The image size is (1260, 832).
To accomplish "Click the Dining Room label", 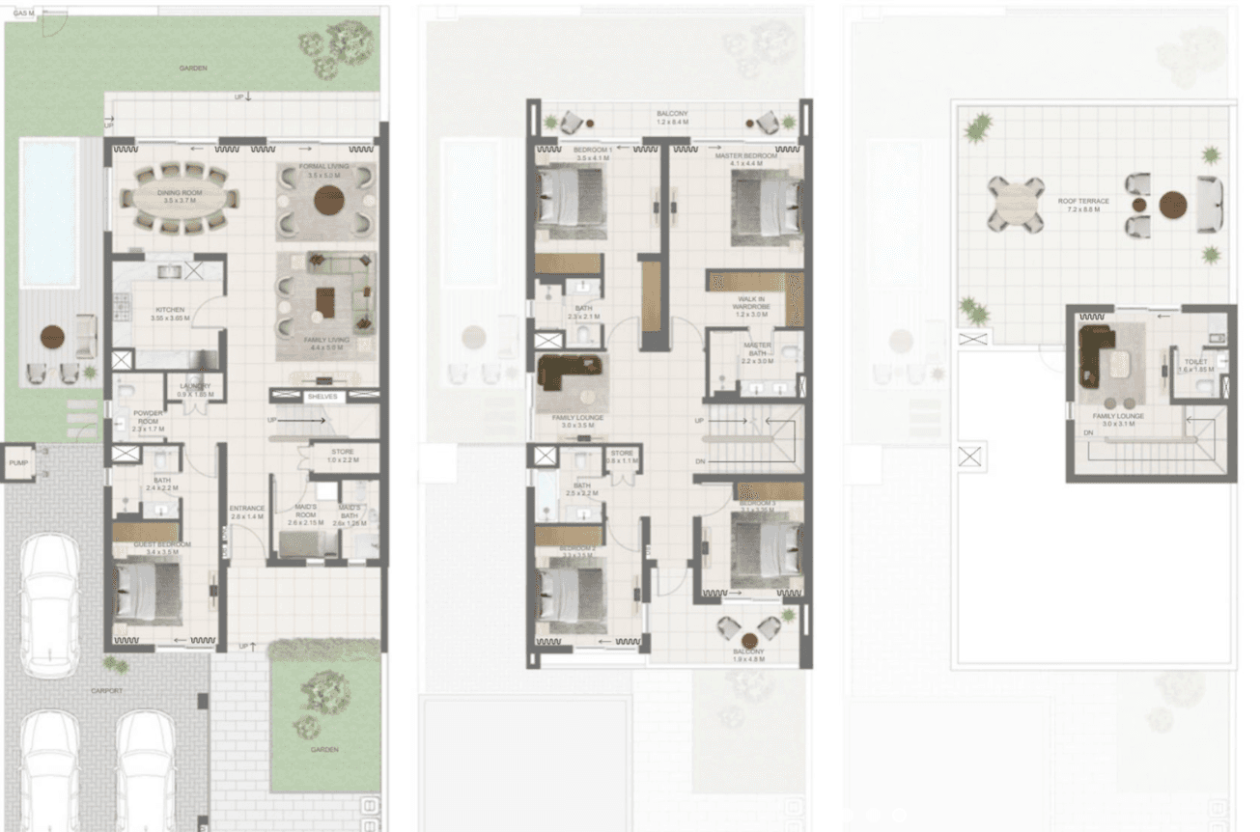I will tap(180, 193).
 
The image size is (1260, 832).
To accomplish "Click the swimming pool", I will tap(49, 210).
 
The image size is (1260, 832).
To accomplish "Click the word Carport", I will tap(106, 691).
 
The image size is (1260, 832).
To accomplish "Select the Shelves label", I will tap(322, 397).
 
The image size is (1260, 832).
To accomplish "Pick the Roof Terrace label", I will tap(1082, 202).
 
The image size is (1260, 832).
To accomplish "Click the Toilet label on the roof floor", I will tap(1195, 363).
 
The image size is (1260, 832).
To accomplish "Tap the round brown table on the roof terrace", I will tap(1173, 205).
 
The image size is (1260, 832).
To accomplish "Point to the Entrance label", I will tap(246, 509).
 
